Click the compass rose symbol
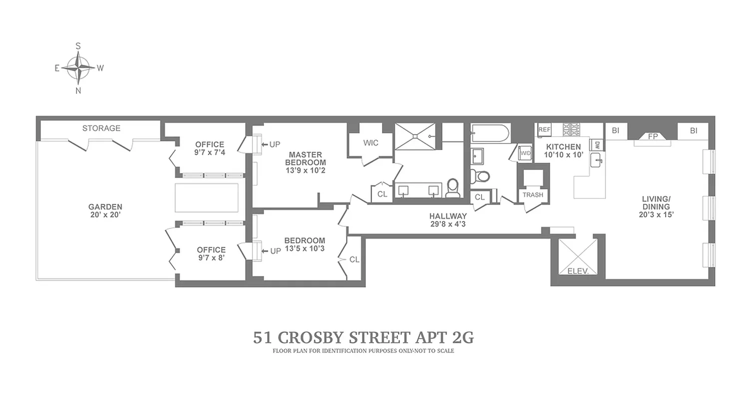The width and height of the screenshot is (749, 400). click(x=78, y=68)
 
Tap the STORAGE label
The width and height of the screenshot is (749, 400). click(x=101, y=128)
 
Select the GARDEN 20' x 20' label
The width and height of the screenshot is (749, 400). click(x=105, y=210)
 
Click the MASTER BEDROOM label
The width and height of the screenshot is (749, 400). click(x=305, y=162)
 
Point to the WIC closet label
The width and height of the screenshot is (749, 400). click(x=371, y=143)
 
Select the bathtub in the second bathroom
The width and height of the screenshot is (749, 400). click(x=490, y=133)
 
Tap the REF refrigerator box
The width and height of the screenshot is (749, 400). click(x=544, y=129)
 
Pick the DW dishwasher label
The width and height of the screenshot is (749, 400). click(x=596, y=145)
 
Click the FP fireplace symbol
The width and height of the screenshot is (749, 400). click(x=653, y=136)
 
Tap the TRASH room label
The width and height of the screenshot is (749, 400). click(x=533, y=195)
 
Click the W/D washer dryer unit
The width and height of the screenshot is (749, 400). click(x=525, y=153)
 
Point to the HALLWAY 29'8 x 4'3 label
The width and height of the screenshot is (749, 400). click(x=448, y=220)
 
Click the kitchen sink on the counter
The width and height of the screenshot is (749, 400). click(x=596, y=160)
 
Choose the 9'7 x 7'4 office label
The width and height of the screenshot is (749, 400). click(x=210, y=148)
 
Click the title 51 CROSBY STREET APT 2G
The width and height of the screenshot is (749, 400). click(x=363, y=337)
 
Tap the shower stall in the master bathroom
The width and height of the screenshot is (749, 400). click(x=415, y=136)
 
